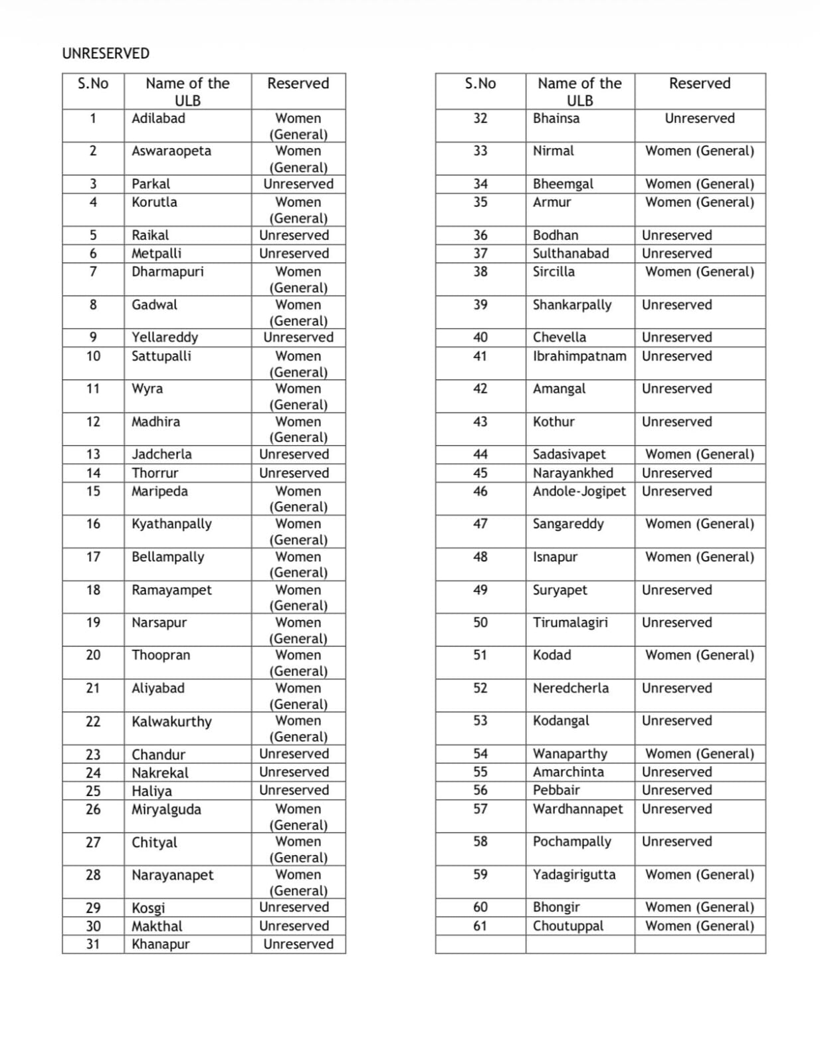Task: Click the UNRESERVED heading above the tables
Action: click(106, 53)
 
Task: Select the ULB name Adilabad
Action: click(158, 118)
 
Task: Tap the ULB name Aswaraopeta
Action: click(171, 151)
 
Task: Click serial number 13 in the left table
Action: click(93, 454)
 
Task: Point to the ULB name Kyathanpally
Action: click(171, 524)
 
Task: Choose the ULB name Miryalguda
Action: click(166, 809)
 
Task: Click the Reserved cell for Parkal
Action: click(298, 184)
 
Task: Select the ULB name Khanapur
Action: click(160, 944)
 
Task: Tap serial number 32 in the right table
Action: click(480, 118)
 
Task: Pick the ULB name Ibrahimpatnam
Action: click(579, 356)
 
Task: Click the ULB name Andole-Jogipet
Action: click(579, 491)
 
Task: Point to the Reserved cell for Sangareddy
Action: click(700, 524)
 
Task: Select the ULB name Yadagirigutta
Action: click(574, 874)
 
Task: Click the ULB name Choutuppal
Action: click(568, 925)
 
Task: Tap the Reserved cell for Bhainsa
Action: click(700, 118)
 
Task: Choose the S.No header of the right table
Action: click(480, 84)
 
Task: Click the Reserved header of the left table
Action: click(298, 84)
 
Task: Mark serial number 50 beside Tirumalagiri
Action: click(480, 623)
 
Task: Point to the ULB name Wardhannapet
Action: click(578, 809)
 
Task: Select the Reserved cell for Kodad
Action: click(700, 655)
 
